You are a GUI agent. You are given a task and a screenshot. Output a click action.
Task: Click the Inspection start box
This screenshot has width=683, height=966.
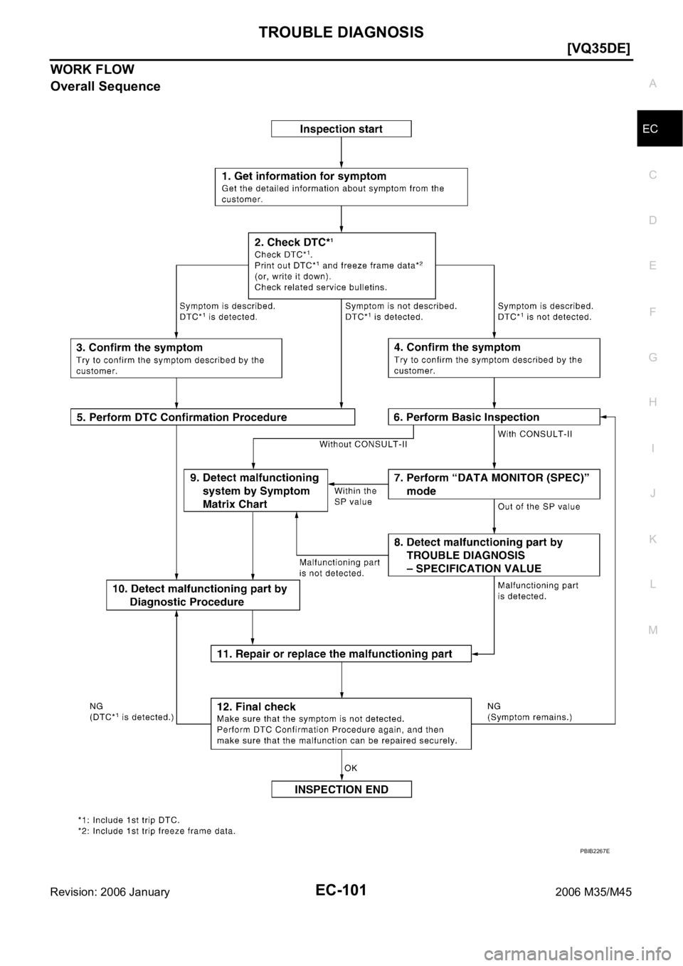point(341,129)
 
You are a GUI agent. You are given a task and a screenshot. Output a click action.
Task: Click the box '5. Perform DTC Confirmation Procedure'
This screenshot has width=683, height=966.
point(212,417)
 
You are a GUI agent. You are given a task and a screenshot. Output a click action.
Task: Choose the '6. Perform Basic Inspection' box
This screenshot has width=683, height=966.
point(494,417)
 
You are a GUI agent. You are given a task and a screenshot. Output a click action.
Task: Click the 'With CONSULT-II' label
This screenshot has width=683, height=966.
point(534,432)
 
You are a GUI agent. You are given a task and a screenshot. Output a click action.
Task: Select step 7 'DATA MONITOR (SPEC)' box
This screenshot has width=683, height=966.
point(494,484)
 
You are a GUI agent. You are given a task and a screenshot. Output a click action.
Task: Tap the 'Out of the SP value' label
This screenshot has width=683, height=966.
point(539,506)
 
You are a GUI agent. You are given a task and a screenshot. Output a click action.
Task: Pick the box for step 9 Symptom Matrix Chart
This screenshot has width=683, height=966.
point(255,490)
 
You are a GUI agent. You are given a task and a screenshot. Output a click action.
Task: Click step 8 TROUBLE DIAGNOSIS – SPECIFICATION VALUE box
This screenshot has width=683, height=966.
point(494,555)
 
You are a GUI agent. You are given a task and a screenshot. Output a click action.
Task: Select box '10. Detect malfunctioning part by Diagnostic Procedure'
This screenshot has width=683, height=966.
point(202,595)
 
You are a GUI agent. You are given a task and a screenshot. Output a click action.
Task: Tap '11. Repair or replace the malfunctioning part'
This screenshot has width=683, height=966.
point(341,653)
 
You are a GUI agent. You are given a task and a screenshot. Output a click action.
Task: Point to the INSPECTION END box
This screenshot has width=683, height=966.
point(341,789)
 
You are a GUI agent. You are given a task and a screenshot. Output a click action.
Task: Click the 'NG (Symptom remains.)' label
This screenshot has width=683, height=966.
point(529,711)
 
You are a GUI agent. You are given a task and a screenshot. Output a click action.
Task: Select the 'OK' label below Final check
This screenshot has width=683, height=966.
point(351,768)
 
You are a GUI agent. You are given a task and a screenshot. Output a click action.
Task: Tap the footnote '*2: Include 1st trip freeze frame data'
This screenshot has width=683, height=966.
point(157,830)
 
